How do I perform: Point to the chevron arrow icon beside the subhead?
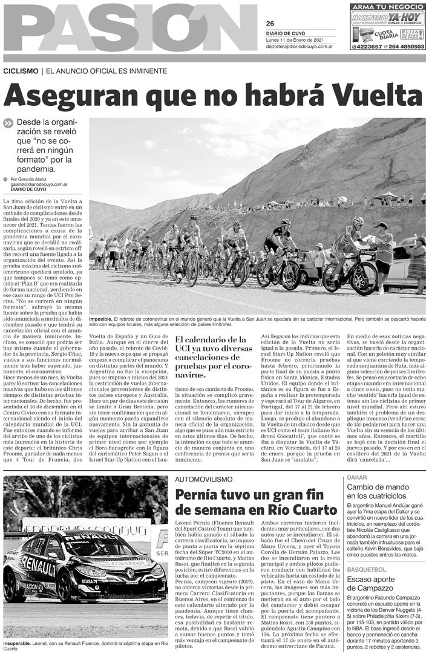click(x=8, y=122)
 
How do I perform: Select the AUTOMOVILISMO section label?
click(x=204, y=479)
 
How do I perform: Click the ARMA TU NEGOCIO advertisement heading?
click(x=387, y=7)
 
